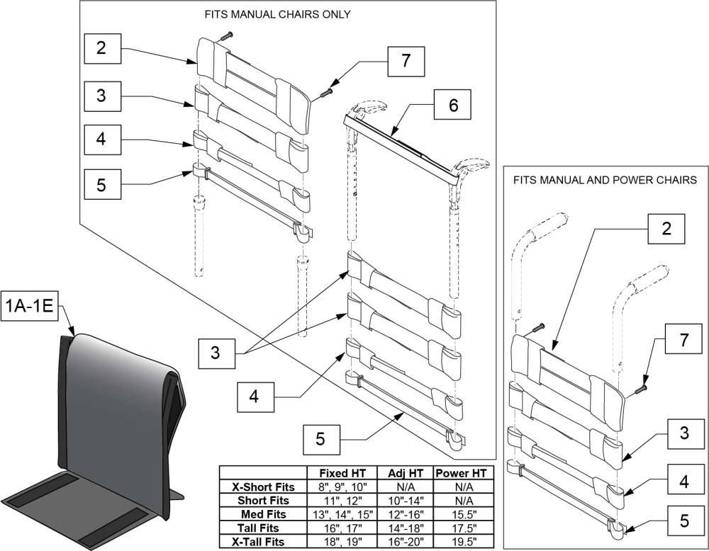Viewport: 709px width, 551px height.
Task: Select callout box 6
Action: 454,106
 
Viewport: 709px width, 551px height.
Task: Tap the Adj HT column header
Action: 402,472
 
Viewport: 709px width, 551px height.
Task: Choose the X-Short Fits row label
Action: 262,487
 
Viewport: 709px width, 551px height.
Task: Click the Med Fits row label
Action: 262,514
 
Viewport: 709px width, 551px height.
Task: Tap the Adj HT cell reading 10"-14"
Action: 402,500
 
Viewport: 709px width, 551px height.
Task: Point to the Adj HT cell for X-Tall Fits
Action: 402,541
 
